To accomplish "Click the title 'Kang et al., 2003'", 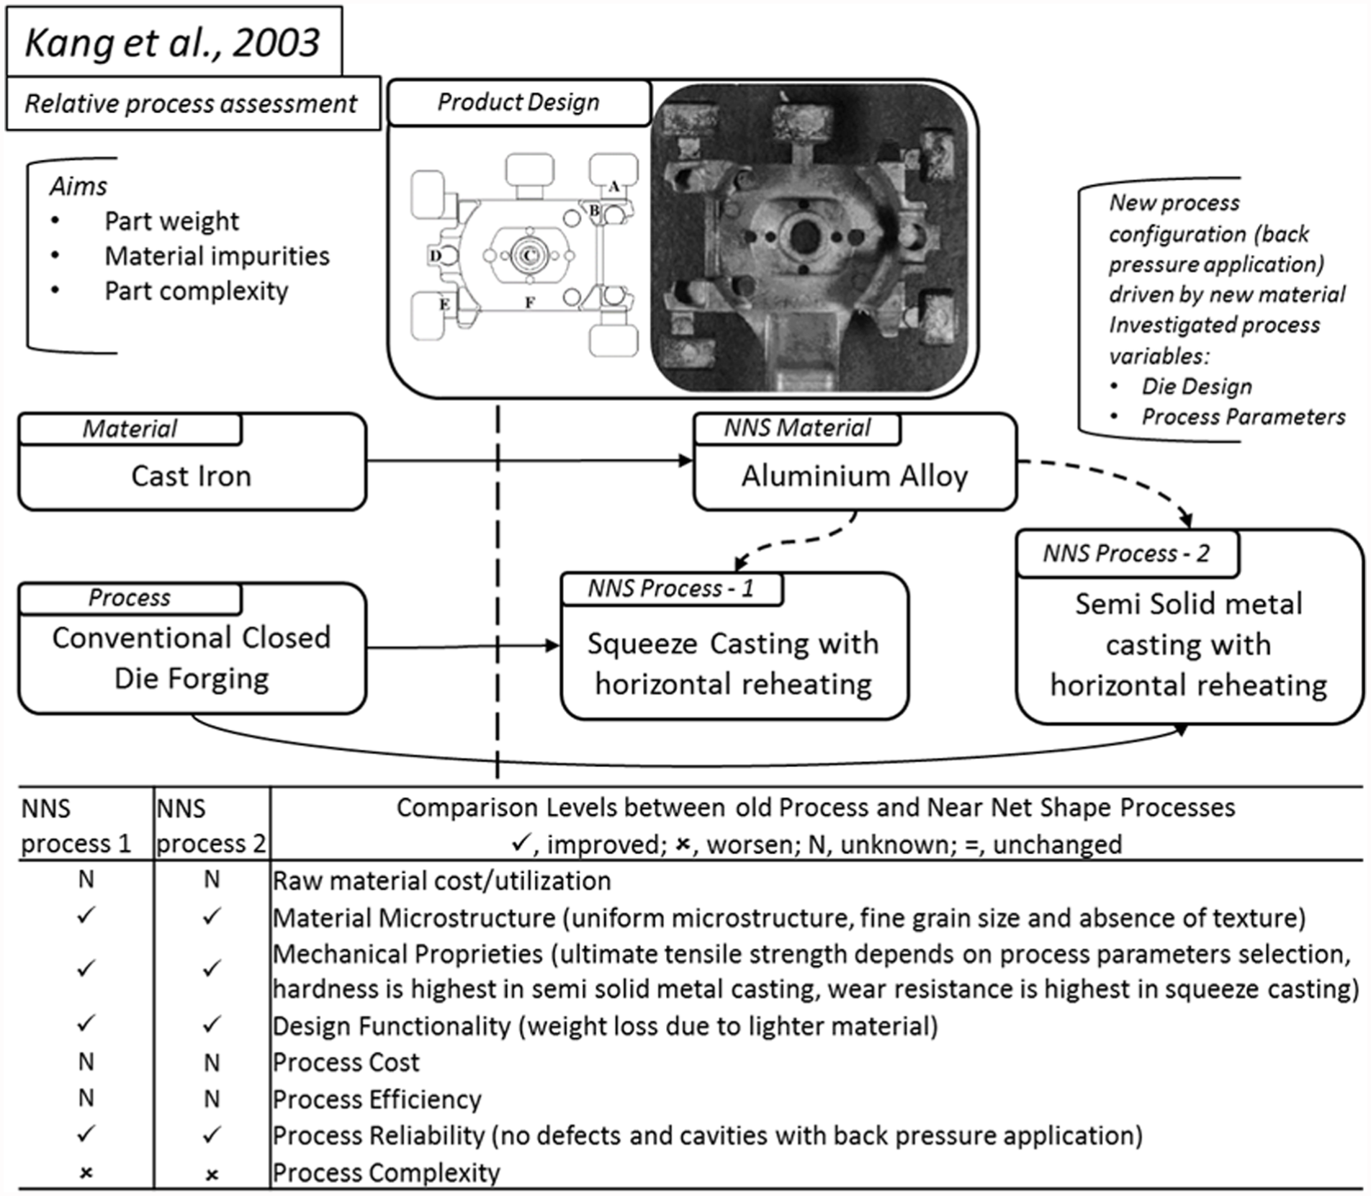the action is [x=173, y=42].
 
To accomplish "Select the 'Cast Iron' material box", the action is [x=192, y=462].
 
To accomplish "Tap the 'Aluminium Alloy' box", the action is [x=855, y=462].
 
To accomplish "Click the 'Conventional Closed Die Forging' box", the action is [x=192, y=648].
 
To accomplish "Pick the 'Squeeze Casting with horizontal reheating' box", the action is [x=734, y=646].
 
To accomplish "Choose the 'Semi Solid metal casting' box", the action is [x=1190, y=627].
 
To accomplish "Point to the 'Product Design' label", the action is [x=518, y=102].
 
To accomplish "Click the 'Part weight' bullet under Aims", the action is [x=171, y=221].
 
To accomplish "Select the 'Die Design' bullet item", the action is [x=1197, y=386].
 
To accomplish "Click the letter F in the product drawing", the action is [x=529, y=303].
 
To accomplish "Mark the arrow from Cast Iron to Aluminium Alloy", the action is [x=530, y=461].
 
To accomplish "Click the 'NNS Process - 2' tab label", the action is [x=1126, y=553].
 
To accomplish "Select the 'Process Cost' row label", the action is [x=346, y=1062].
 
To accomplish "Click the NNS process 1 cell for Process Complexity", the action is [x=86, y=1173].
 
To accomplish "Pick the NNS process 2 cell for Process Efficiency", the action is [x=212, y=1099].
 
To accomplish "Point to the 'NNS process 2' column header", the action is [x=211, y=826].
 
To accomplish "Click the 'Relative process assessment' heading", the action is [x=191, y=104].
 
